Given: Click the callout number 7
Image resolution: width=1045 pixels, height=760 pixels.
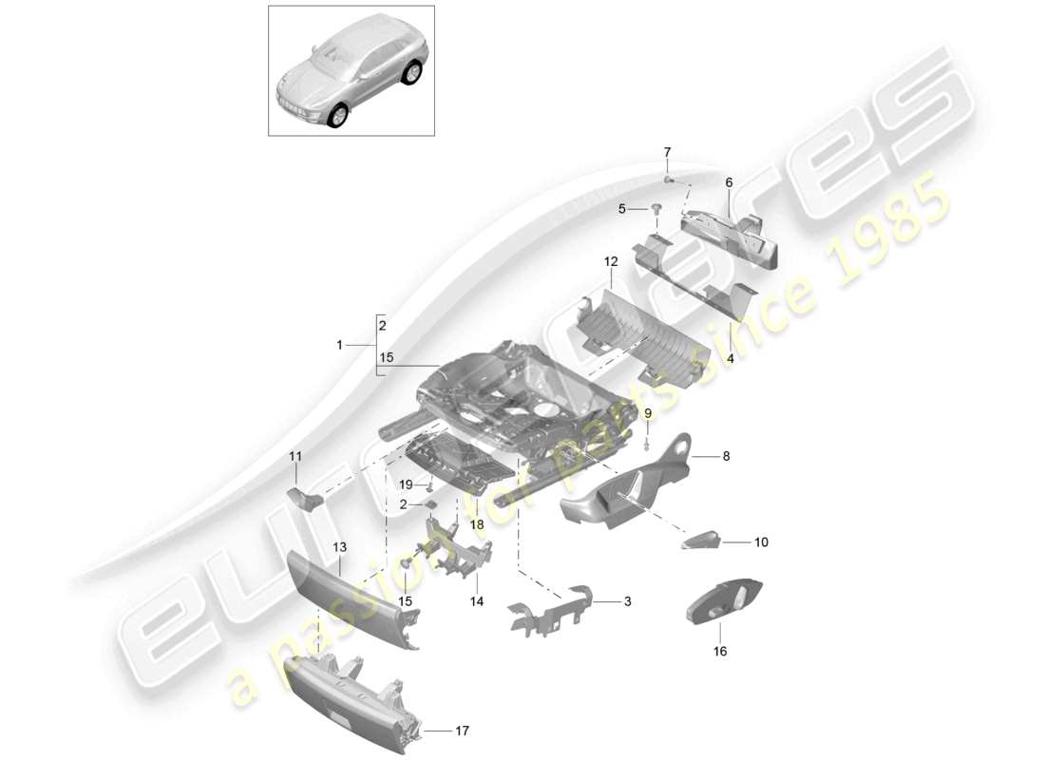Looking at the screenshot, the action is tap(667, 152).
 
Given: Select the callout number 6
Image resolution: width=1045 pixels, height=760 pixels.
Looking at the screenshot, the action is tap(729, 182).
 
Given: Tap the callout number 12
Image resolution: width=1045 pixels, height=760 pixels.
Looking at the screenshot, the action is tap(610, 260).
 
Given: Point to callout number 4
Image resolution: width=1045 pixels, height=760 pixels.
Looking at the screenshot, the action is tap(730, 360).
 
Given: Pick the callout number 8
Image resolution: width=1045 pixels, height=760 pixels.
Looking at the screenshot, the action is tap(727, 457).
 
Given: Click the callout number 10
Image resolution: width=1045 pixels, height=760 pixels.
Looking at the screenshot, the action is tap(760, 542).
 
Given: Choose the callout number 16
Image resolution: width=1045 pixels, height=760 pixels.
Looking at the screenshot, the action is tap(719, 652).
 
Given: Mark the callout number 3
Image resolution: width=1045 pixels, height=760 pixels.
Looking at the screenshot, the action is tap(627, 601).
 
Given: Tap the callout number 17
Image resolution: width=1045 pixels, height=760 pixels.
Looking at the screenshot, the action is tap(462, 731).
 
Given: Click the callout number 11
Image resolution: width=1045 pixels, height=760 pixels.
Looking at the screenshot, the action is tap(295, 458).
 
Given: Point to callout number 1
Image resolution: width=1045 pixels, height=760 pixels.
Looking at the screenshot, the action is tap(339, 346).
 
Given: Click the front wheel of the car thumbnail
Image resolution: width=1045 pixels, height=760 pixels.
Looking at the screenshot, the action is tap(336, 117).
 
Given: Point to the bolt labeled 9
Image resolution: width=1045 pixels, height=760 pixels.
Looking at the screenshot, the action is tap(648, 440).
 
